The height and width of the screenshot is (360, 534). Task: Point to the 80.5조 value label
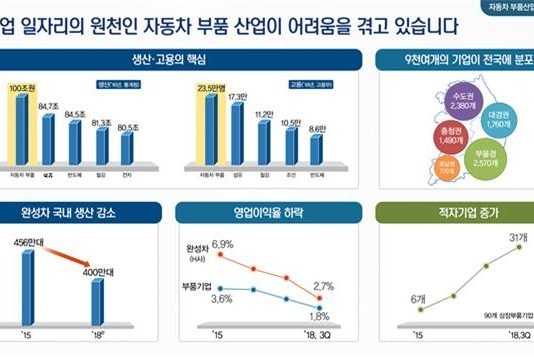127,127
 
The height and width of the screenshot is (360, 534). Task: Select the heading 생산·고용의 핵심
176,59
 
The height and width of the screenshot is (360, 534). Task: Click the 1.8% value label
321,316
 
